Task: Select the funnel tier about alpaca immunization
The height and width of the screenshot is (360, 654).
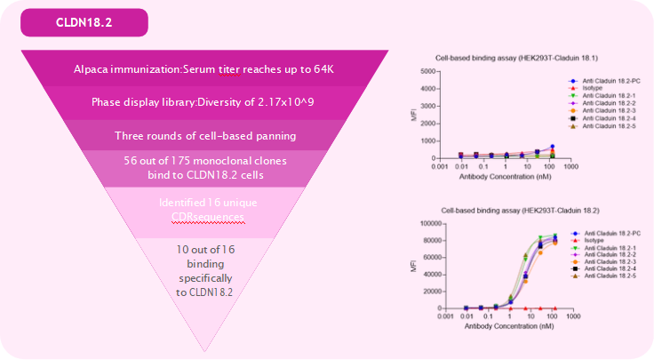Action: pyautogui.click(x=203, y=70)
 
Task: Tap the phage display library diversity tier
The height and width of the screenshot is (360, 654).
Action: pyautogui.click(x=203, y=102)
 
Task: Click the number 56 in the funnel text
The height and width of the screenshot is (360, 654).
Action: pyautogui.click(x=129, y=160)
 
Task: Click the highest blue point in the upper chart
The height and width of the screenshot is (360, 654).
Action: pyautogui.click(x=552, y=147)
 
